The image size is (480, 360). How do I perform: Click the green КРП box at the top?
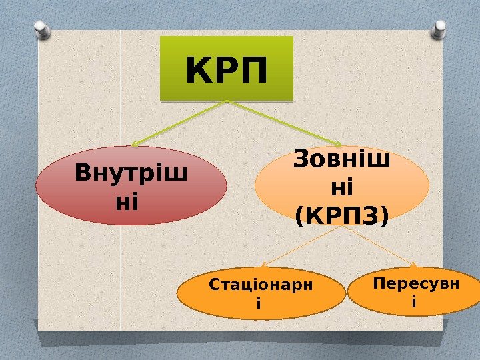pos(227,69)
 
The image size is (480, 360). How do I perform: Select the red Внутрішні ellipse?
pos(131,185)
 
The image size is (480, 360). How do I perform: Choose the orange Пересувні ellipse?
pos(415,292)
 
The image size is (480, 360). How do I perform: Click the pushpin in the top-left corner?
pos(41,29)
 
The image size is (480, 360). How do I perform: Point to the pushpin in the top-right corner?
pos(440,29)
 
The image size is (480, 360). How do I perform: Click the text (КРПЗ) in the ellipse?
pos(341,214)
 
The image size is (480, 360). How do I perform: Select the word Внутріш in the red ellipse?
pos(131,173)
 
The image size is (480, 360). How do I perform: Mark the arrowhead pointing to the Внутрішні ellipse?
pos(135,145)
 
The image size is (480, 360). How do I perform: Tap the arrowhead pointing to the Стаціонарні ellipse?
pos(261,266)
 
